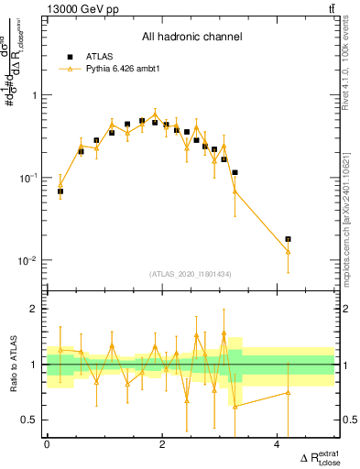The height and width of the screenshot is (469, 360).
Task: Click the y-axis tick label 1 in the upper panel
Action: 37,95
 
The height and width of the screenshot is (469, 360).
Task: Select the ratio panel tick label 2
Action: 37,309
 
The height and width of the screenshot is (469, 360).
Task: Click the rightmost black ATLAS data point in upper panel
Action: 288,239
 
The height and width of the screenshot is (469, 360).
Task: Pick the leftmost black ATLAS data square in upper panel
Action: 60,191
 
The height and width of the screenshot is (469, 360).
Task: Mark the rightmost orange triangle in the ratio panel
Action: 288,392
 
